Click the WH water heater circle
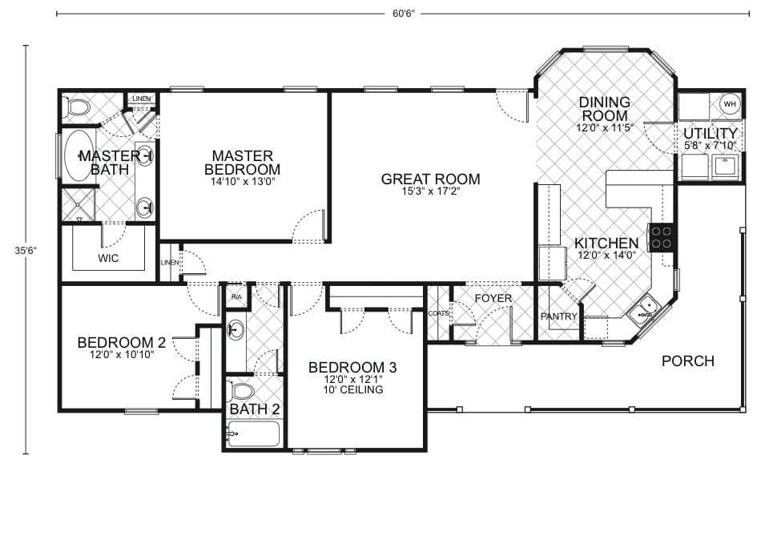(729, 104)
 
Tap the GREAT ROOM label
(430, 179)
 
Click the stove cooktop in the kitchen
(662, 237)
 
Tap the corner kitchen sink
(646, 309)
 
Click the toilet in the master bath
(79, 107)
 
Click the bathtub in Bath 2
(253, 434)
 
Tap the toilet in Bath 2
(242, 391)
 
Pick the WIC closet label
(109, 259)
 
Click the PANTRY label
(558, 316)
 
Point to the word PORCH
(687, 361)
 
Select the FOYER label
(493, 299)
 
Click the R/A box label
(236, 297)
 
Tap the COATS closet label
(438, 313)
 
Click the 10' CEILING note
(353, 390)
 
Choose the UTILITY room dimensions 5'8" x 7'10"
(710, 146)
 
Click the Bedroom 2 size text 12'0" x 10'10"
(121, 354)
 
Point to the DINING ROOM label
(604, 109)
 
